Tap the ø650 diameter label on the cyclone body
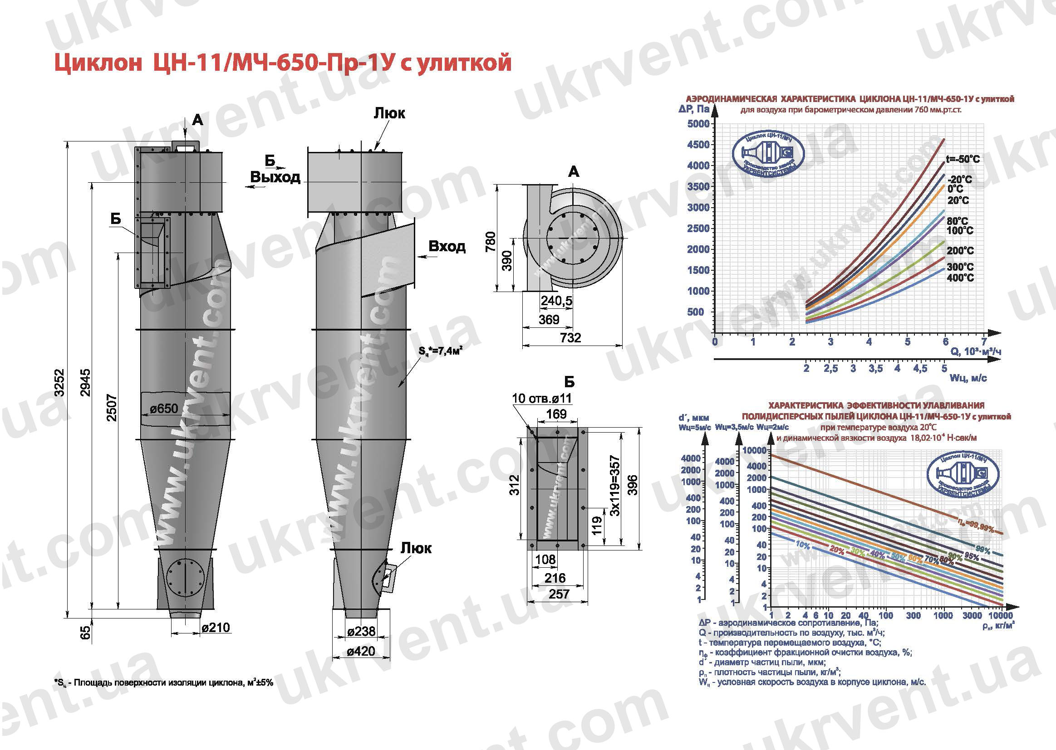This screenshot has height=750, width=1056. [x=164, y=408]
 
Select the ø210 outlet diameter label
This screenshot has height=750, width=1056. [x=216, y=628]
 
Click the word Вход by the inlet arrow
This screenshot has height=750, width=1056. [x=447, y=246]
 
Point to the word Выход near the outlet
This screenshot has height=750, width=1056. [x=275, y=177]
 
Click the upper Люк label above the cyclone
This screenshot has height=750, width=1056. [x=389, y=114]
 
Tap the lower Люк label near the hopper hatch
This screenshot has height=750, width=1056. [x=416, y=548]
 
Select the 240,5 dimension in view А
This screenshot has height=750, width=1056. [x=556, y=301]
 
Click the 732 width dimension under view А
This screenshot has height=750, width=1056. [x=570, y=338]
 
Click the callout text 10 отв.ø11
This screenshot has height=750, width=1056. [x=542, y=398]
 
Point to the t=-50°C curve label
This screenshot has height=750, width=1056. [x=963, y=159]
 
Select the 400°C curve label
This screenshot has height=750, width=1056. [x=960, y=278]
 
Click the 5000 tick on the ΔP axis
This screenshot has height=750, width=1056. [x=698, y=124]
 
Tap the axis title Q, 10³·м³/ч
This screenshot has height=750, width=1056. [x=976, y=352]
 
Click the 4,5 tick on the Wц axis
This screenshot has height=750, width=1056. [x=920, y=369]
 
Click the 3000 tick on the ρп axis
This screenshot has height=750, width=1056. [x=972, y=615]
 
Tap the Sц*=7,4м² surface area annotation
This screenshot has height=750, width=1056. [x=441, y=351]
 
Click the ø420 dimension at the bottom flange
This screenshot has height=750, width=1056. [x=361, y=651]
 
